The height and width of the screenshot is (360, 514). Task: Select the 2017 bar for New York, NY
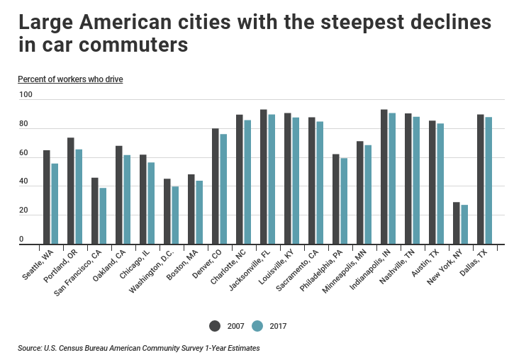464,225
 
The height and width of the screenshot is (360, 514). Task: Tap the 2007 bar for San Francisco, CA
95,210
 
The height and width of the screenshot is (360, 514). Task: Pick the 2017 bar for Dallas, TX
488,181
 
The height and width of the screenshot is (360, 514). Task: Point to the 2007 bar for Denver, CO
216,186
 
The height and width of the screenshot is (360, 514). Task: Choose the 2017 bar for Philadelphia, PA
344,201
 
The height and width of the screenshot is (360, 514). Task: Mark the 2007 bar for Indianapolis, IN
384,177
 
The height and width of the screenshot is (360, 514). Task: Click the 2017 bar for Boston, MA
199,213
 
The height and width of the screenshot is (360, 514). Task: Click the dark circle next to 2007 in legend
216,325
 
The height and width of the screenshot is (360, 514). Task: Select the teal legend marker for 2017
257,325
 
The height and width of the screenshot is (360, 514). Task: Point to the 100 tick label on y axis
26,95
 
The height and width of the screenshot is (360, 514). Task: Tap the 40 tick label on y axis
23,182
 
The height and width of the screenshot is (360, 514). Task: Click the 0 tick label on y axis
21,240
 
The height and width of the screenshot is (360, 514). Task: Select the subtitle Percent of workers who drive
70,79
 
